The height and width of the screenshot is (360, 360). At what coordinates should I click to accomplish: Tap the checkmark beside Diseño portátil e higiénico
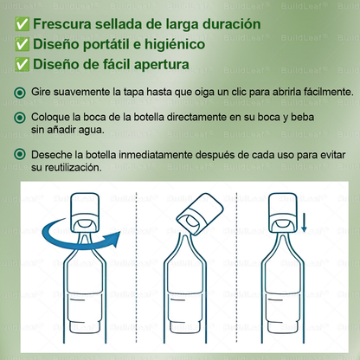pyautogui.click(x=22, y=44)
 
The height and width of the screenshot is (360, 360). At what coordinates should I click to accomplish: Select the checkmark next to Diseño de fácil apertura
pyautogui.click(x=22, y=64)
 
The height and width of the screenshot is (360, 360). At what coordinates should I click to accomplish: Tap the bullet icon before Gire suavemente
pyautogui.click(x=20, y=93)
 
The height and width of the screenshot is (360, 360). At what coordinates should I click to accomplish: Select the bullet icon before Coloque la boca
pyautogui.click(x=20, y=118)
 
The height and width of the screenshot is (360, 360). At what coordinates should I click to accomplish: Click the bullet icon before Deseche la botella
pyautogui.click(x=20, y=154)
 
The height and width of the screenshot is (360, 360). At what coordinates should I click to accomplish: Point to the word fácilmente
pyautogui.click(x=329, y=92)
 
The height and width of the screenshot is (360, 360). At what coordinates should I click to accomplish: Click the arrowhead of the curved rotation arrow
pyautogui.click(x=115, y=239)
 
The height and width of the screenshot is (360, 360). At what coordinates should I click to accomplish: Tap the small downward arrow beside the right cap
pyautogui.click(x=304, y=222)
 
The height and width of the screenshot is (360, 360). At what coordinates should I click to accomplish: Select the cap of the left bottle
pyautogui.click(x=85, y=212)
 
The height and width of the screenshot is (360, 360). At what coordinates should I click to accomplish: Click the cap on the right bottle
pyautogui.click(x=283, y=213)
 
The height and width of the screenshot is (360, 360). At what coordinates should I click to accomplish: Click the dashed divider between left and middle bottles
pyautogui.click(x=137, y=267)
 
